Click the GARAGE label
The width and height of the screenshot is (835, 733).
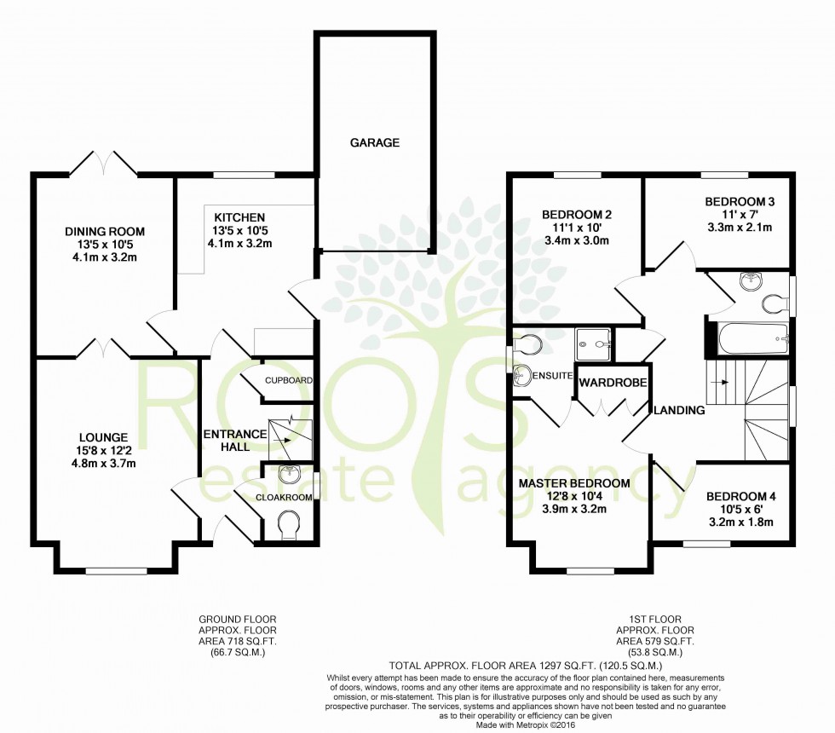374,143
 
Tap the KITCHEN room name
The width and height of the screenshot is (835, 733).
239,217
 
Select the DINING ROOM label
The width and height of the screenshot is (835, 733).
105,231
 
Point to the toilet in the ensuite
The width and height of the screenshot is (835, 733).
527,343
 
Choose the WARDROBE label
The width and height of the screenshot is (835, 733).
613,384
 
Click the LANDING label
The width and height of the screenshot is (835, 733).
680,410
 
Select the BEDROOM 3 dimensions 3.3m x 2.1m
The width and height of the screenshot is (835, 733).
739,228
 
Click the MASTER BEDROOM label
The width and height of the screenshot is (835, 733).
575,483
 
